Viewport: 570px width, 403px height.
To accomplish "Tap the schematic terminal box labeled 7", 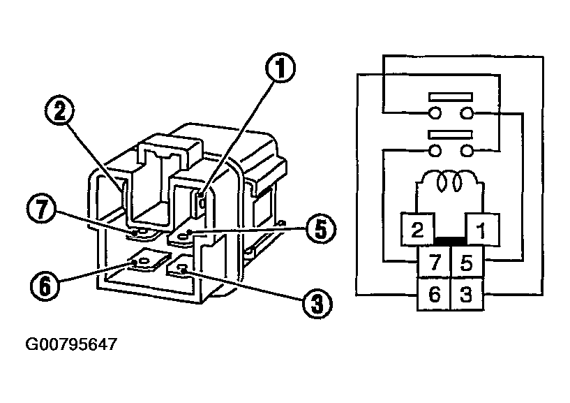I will pyautogui.click(x=434, y=263).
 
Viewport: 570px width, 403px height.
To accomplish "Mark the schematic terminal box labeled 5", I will pyautogui.click(x=467, y=263).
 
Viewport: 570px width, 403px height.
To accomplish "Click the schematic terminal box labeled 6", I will pyautogui.click(x=434, y=295).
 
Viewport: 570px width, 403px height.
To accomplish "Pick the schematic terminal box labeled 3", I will pyautogui.click(x=467, y=295).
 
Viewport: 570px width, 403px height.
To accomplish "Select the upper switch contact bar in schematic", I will pyautogui.click(x=450, y=97).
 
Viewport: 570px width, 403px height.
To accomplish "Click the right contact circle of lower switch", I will pyautogui.click(x=466, y=150).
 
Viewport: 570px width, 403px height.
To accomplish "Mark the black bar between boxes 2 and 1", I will pyautogui.click(x=450, y=241).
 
